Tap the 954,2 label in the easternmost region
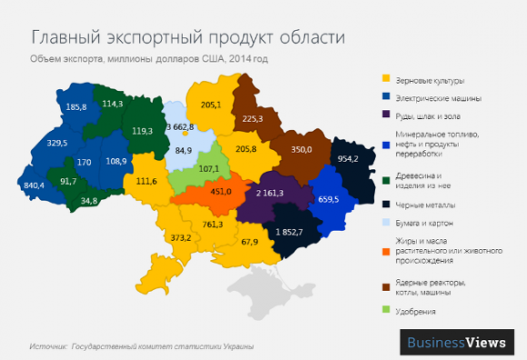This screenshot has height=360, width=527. pyautogui.click(x=348, y=158)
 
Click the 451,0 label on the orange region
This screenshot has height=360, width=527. pyautogui.click(x=222, y=192)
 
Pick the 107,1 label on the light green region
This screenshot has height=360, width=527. pyautogui.click(x=210, y=168)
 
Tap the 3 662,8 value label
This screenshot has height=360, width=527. pyautogui.click(x=182, y=127)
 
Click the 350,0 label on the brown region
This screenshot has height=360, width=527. pyautogui.click(x=302, y=148)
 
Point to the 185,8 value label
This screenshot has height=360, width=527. pyautogui.click(x=77, y=106)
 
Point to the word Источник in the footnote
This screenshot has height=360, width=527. pyautogui.click(x=46, y=346)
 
